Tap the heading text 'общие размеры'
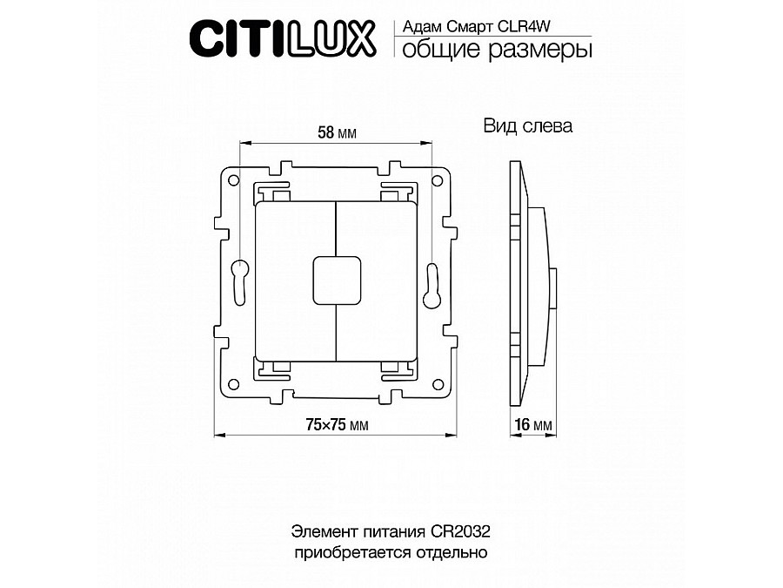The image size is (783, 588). pos(492,51)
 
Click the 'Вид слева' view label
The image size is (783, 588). pos(528,126)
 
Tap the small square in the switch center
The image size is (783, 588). pos(335,280)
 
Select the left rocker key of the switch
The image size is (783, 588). pos(294,280)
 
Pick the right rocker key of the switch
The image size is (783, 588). pos(376,280)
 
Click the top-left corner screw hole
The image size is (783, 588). pos(232,180)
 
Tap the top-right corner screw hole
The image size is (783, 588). pos(438,180)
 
